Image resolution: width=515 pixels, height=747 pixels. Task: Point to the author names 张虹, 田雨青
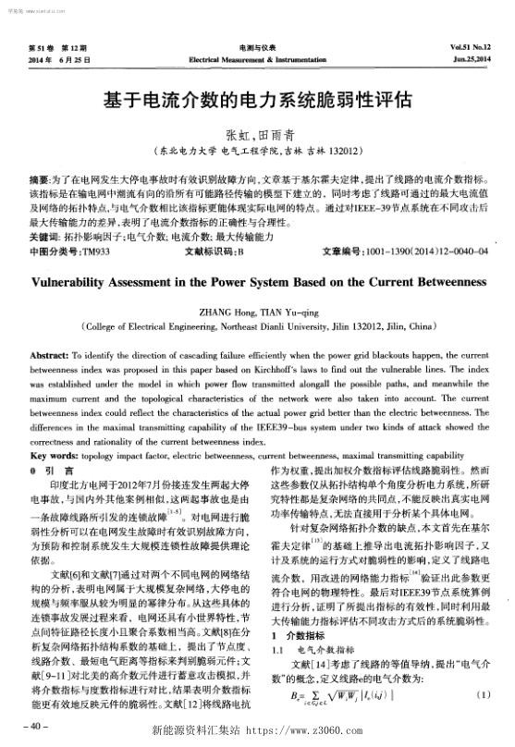(257, 132)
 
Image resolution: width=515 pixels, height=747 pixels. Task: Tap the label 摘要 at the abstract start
(41, 173)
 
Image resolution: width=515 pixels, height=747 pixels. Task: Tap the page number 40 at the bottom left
(38, 726)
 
